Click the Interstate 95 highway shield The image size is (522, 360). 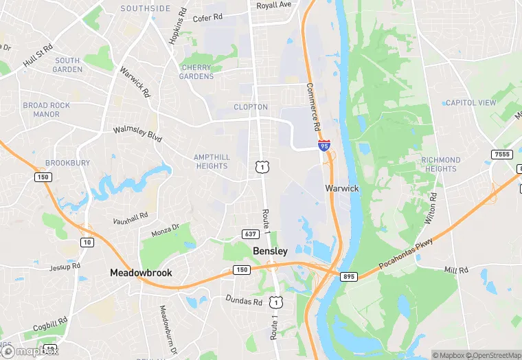324,145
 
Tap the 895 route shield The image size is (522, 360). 348,276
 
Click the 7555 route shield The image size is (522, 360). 501,154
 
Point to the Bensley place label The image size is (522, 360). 271,251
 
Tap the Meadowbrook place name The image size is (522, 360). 141,273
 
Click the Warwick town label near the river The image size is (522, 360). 342,188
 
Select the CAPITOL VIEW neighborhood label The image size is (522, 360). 470,103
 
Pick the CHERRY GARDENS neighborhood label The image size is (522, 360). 197,72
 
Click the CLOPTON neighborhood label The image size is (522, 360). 251,107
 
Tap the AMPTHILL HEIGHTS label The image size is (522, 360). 211,161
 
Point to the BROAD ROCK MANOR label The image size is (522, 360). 47,110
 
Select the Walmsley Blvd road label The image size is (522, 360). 137,133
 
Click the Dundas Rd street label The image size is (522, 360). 245,300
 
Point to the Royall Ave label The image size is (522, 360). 274,5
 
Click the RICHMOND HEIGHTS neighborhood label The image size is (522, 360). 440,164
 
